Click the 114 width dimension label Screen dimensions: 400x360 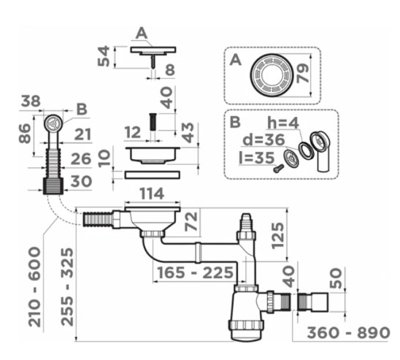pos(152,194)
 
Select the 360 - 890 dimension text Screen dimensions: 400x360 pos(348,333)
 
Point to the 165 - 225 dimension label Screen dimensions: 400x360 pos(195,272)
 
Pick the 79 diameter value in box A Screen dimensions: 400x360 pos(303,73)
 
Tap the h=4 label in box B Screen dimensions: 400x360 pos(283,123)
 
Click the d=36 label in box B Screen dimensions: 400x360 pos(264,139)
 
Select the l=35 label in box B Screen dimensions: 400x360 pos(257,158)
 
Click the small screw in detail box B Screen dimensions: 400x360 pos(278,168)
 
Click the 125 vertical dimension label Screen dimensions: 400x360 pos(277,236)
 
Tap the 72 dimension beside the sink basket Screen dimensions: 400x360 pos(191,221)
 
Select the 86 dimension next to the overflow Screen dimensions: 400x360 pos(25,133)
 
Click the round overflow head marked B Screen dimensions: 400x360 pos(53,123)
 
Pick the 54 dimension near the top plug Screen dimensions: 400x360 pos(104,56)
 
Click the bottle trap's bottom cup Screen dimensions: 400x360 pos(246,330)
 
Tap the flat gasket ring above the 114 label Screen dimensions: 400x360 pos(153,175)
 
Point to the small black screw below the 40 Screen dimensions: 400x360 pos(153,122)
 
